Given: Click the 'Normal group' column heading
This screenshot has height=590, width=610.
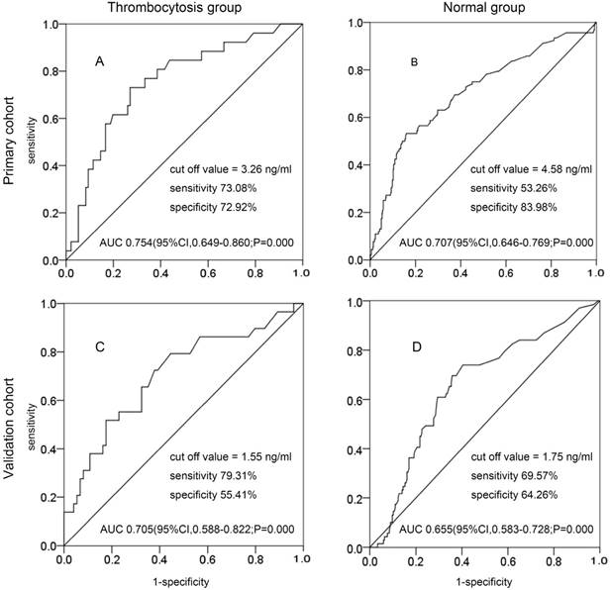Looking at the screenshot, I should tap(485, 9).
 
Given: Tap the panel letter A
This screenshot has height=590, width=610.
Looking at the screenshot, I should tap(99, 62).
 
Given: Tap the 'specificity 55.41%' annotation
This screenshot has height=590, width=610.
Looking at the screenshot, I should tap(207, 495).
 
